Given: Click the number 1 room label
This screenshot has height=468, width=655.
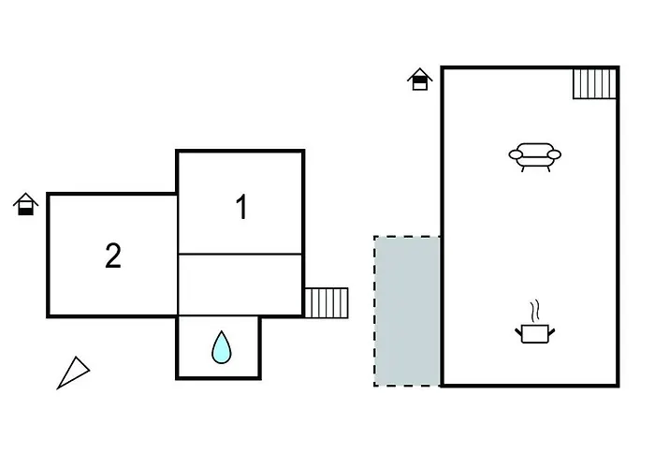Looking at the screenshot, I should (x=241, y=208).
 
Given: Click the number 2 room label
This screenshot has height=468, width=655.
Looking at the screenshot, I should (x=113, y=256).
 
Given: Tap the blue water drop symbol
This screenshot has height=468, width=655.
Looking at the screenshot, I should (x=221, y=347).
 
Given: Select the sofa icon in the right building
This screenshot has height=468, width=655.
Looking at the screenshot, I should (x=534, y=156).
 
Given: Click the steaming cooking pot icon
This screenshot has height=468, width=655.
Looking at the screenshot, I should (x=533, y=331).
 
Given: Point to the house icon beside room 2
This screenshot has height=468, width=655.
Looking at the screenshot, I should (x=26, y=204).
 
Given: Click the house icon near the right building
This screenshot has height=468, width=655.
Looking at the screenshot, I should (x=420, y=79).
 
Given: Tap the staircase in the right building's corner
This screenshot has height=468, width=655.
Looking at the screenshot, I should (x=594, y=83).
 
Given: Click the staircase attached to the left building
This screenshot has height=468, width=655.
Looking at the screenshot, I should (x=326, y=302).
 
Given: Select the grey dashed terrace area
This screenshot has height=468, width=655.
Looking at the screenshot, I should (x=408, y=311).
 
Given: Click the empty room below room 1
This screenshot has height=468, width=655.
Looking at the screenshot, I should (x=240, y=285).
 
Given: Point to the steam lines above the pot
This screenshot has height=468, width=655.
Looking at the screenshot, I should (x=534, y=310).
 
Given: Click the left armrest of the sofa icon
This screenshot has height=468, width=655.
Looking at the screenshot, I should (x=516, y=154).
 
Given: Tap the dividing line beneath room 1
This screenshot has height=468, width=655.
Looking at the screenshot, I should (x=240, y=254).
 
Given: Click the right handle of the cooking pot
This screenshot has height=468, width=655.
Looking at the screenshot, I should (x=551, y=329).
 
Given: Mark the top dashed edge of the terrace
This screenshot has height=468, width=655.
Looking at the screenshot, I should (x=407, y=237).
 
